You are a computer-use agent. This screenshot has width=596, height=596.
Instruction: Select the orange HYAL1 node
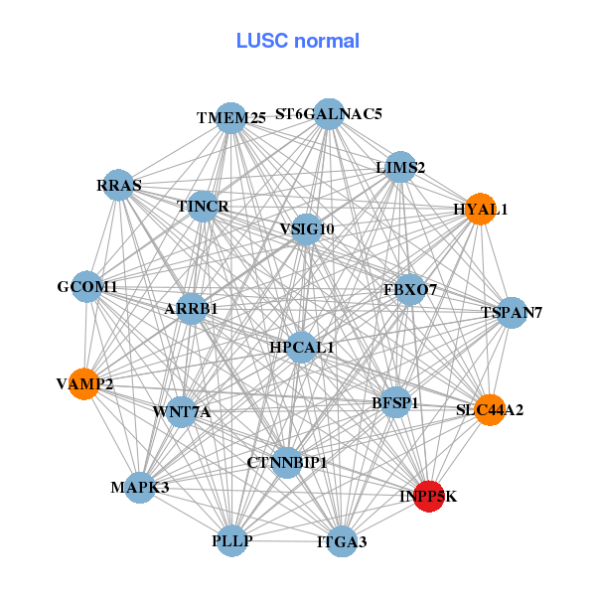click(480, 210)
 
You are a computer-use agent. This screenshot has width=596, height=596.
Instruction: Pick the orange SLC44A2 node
click(490, 409)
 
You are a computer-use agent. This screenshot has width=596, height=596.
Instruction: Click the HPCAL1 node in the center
click(302, 347)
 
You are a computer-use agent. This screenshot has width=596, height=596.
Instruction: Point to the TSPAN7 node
click(511, 313)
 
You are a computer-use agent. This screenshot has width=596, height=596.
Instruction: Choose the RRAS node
click(119, 186)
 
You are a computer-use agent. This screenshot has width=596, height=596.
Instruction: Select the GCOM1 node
click(87, 287)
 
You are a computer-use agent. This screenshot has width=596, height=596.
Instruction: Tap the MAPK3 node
click(140, 487)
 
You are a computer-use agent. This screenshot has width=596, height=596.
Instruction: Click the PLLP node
click(231, 540)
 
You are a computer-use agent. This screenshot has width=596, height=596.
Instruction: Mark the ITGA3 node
click(342, 541)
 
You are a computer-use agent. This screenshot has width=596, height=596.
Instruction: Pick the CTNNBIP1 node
click(286, 462)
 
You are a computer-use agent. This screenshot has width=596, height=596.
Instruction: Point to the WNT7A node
click(182, 411)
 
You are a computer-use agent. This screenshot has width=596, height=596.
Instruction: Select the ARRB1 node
click(191, 309)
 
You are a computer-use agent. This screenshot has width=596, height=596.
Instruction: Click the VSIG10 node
click(307, 229)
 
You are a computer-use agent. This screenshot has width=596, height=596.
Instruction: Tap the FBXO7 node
click(410, 289)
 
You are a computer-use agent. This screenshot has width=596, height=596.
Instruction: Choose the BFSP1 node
click(395, 403)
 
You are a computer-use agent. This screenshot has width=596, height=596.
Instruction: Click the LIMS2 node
click(400, 168)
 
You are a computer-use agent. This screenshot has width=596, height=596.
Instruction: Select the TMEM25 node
click(230, 118)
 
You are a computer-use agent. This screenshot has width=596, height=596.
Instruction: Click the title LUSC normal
click(298, 42)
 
